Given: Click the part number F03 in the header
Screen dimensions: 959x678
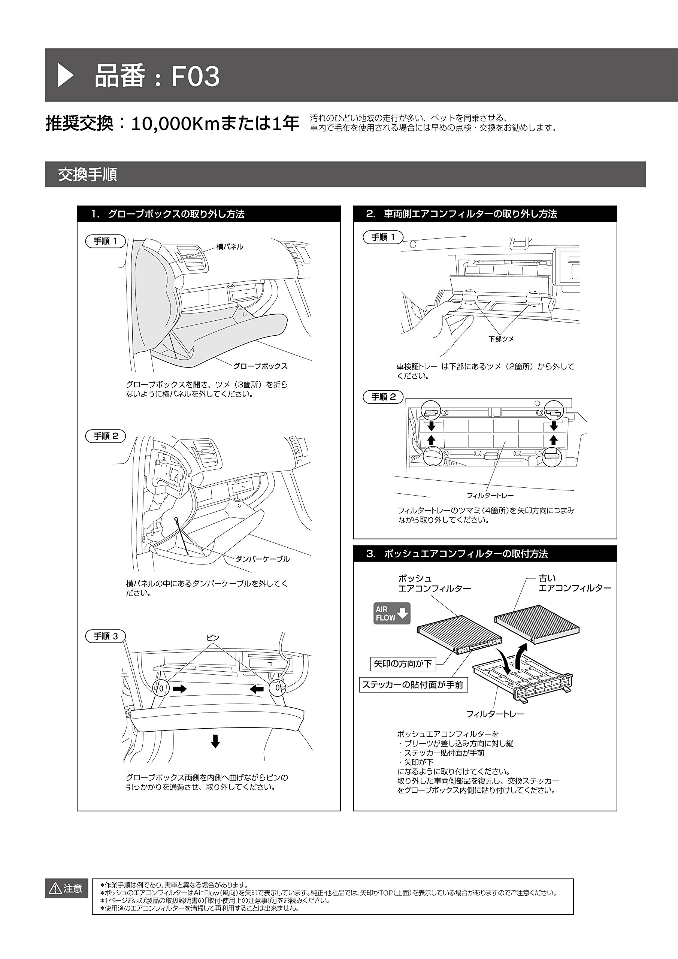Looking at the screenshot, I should [x=196, y=76].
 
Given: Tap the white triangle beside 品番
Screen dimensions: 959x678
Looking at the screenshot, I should [x=65, y=76].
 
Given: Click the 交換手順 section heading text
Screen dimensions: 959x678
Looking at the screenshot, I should [x=87, y=175].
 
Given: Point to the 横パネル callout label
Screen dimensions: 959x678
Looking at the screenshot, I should [x=229, y=247].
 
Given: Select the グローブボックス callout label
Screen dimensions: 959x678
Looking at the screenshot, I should [x=260, y=366].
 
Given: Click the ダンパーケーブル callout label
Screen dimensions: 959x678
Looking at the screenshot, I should [x=262, y=559].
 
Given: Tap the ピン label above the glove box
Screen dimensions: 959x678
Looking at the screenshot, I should [x=213, y=638].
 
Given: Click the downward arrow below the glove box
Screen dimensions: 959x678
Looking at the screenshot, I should [x=215, y=741].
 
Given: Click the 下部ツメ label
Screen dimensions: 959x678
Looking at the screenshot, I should [x=501, y=339].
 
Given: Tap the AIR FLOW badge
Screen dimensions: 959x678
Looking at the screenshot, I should [x=391, y=613].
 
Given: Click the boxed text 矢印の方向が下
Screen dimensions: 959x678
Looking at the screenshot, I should [x=403, y=663].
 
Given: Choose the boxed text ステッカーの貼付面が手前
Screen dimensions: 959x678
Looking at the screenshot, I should [x=413, y=685].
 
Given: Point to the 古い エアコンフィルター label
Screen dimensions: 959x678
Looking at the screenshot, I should [x=574, y=583].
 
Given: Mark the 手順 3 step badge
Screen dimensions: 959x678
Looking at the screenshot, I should [x=106, y=636].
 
